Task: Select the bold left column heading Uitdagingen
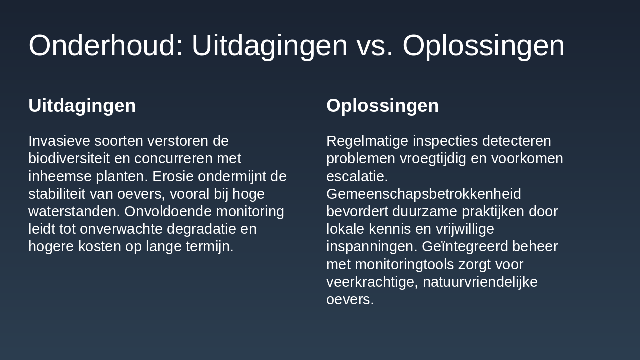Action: click(x=82, y=106)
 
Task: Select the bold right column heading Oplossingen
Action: click(x=382, y=106)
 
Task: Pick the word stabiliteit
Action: click(x=57, y=194)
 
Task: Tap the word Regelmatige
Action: click(x=367, y=141)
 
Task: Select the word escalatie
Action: click(x=357, y=177)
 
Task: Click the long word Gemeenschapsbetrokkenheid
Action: click(x=424, y=194)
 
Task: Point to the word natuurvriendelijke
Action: click(x=480, y=282)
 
